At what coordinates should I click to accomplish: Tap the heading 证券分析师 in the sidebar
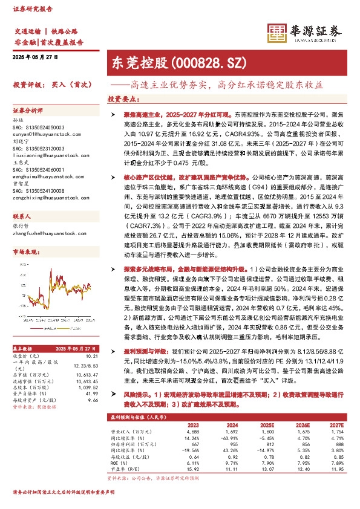(27, 111)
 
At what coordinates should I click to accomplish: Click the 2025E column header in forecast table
(266, 425)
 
